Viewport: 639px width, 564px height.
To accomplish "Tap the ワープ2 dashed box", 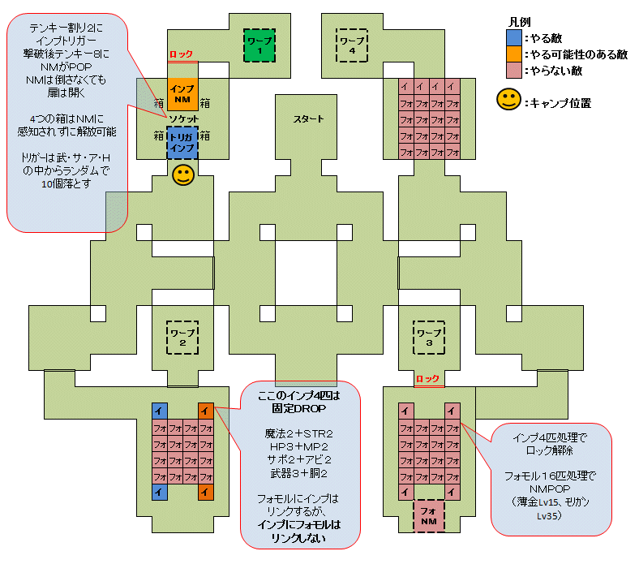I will coord(182,337).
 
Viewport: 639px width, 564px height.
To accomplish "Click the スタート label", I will coord(307,119).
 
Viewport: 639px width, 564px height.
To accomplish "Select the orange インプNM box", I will coord(182,93).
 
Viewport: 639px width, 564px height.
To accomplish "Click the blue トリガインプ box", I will coord(182,143).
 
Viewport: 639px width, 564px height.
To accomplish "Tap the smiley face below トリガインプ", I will coord(182,175).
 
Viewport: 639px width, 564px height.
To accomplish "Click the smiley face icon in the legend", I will coord(508,101).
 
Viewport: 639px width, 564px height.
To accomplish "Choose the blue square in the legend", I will coord(513,37).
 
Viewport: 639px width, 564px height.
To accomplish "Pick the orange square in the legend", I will coord(513,54).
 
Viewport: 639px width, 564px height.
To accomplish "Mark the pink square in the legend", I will coord(513,71).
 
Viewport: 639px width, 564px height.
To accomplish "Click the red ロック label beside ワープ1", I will coord(181,54).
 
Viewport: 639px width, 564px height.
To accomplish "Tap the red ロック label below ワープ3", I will coord(427,379).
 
